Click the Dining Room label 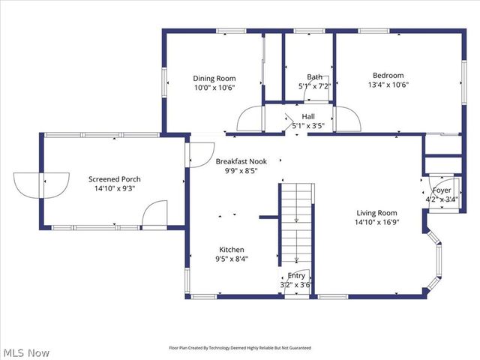(x=214, y=78)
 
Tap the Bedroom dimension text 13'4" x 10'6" (x=388, y=85)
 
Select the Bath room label (x=314, y=76)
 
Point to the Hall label (x=308, y=116)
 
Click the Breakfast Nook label (x=241, y=161)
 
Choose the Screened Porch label (x=114, y=179)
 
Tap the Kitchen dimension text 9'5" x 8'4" (x=231, y=259)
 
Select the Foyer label (x=441, y=190)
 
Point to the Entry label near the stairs (x=296, y=275)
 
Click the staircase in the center (x=296, y=225)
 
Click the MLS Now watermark (x=26, y=352)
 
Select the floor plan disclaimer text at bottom (x=239, y=348)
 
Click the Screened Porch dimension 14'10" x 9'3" (x=114, y=189)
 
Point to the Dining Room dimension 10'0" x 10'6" (x=214, y=88)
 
